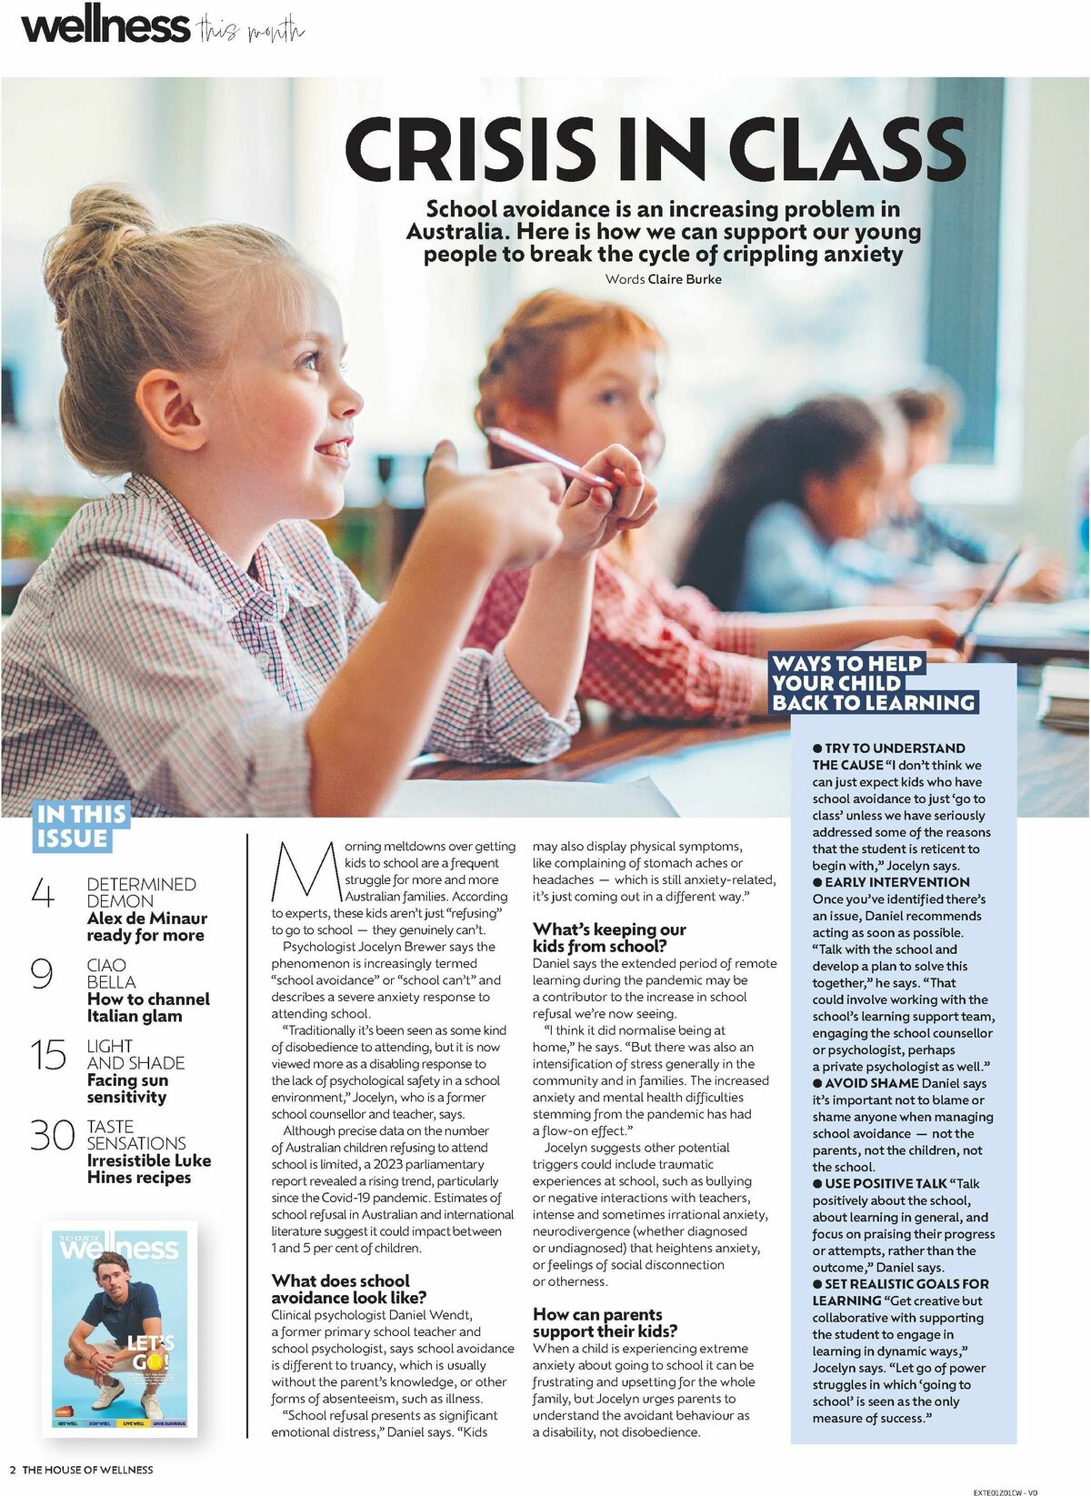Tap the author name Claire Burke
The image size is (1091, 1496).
click(685, 279)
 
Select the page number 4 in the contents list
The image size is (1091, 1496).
click(43, 893)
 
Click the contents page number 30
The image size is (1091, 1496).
click(52, 1135)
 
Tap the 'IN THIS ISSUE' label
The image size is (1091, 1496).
click(82, 826)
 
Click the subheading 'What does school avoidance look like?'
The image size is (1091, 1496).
click(349, 1289)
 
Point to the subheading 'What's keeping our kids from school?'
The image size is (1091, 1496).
click(609, 938)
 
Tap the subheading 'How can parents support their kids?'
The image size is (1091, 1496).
click(605, 1322)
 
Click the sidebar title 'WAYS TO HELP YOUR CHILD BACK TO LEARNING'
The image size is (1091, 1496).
click(873, 683)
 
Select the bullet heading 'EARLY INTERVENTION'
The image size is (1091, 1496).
click(896, 882)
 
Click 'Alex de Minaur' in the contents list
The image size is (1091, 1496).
click(146, 919)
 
